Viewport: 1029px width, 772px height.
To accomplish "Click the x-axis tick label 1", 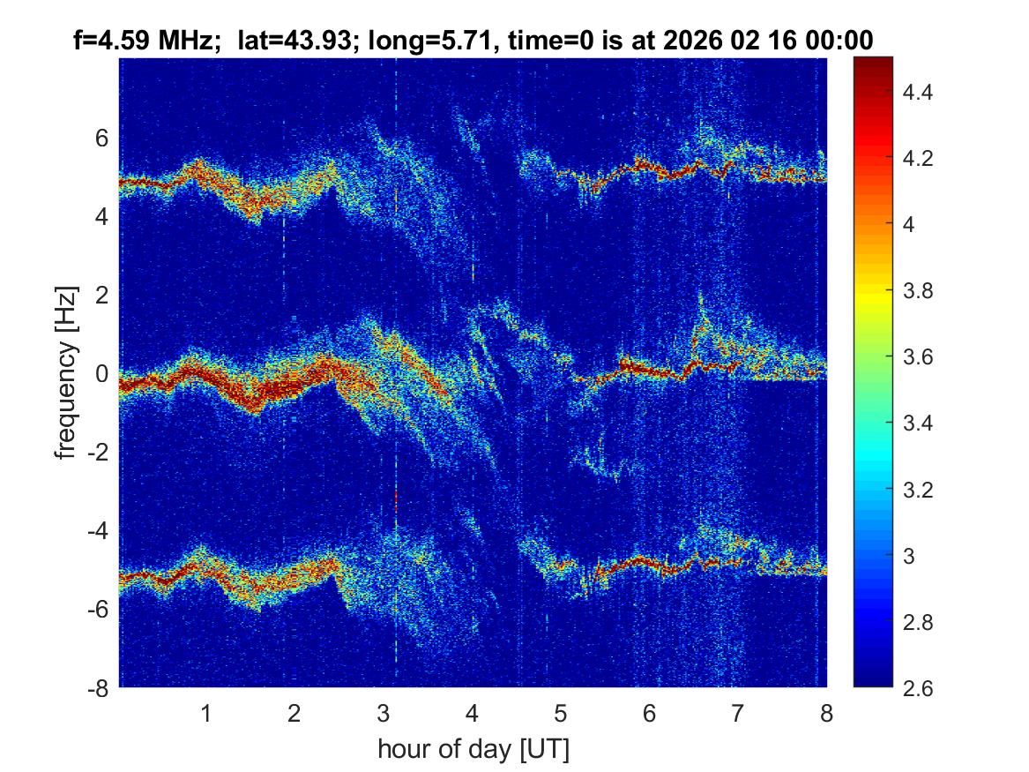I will [x=205, y=713].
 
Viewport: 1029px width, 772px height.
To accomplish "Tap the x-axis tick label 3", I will [x=383, y=713].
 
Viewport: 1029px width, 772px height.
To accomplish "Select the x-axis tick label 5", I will [x=560, y=713].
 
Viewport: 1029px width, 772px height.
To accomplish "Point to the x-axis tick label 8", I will [x=826, y=713].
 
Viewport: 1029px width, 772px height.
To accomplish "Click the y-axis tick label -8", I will [x=100, y=688].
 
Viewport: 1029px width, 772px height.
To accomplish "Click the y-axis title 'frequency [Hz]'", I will [x=65, y=372].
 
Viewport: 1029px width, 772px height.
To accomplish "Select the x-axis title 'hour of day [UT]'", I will [x=473, y=750].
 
